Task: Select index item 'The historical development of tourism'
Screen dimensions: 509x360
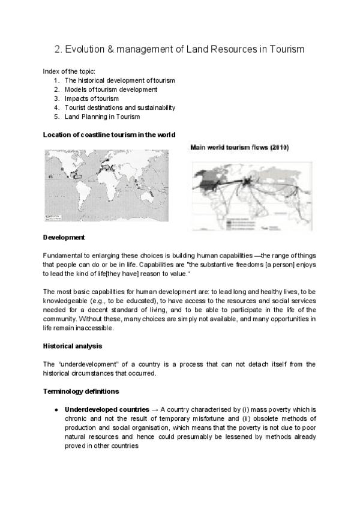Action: tap(119, 80)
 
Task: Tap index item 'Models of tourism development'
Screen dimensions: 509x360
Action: tap(111, 89)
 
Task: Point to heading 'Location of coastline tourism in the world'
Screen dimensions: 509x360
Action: tap(109, 134)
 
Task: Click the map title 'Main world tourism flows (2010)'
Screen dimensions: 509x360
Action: tap(239, 147)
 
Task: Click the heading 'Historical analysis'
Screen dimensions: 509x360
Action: tap(73, 346)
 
